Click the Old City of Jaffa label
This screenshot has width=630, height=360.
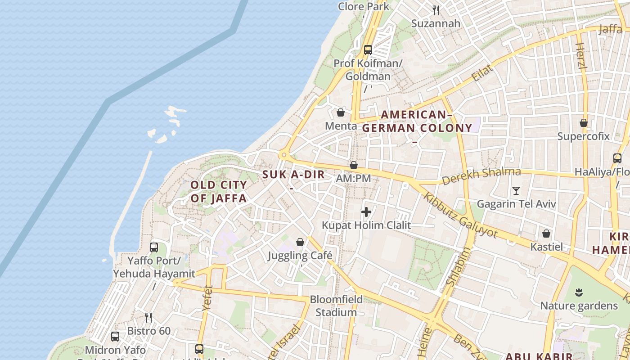tap(219, 191)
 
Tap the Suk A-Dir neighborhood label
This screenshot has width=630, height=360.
tap(293, 175)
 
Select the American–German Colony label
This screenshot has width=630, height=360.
tap(417, 121)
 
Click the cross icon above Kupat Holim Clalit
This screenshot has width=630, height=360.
tap(366, 211)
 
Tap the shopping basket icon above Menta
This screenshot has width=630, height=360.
tap(341, 112)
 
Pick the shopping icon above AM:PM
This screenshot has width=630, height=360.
tap(354, 165)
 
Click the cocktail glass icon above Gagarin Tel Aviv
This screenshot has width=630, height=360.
tap(516, 191)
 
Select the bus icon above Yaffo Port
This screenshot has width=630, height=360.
tap(154, 247)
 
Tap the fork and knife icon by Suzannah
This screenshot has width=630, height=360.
tap(436, 10)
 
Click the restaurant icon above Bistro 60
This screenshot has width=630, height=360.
tap(148, 318)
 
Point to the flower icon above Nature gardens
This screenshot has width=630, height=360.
tap(579, 293)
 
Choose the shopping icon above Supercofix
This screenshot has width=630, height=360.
tap(584, 123)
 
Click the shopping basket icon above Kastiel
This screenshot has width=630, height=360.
tap(546, 234)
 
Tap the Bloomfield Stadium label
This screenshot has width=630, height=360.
tap(336, 306)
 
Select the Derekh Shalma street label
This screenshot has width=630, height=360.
tap(481, 176)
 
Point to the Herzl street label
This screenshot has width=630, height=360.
tap(581, 56)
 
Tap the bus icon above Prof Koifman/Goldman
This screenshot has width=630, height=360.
tap(368, 50)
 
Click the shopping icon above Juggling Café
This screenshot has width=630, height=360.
tap(300, 243)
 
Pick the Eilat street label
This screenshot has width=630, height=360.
tap(482, 72)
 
